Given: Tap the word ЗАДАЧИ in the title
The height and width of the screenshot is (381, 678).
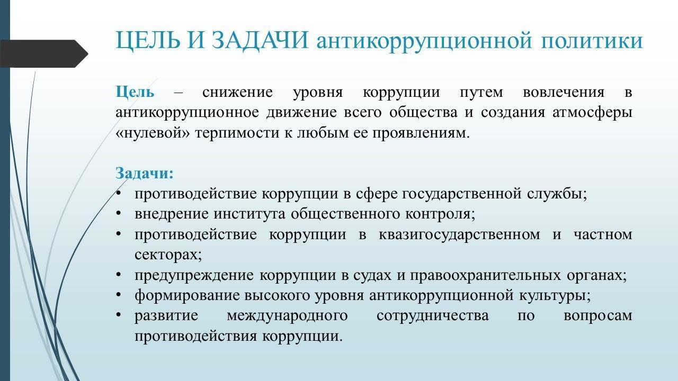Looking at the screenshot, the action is tap(260, 40).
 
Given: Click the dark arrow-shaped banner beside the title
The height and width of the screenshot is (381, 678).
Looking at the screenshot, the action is tap(44, 53).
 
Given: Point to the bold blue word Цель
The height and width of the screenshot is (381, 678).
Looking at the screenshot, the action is tap(135, 92).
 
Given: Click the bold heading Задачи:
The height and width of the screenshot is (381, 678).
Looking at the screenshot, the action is tap(145, 173).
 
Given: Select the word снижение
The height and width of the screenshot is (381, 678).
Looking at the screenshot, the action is tap(237, 93).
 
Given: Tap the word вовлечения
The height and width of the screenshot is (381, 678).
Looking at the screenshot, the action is tap(564, 93).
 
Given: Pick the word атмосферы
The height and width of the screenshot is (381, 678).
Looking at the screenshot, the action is tap(592, 113).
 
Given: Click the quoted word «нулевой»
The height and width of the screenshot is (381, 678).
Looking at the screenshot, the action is tap(153, 133).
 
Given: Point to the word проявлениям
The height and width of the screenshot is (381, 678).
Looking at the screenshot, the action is tap(421, 133).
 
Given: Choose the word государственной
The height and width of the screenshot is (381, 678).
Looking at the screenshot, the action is tap(461, 194).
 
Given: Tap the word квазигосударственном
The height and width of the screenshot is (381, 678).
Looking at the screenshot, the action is tap(459, 235).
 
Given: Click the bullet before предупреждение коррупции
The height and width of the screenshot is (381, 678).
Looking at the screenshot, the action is tap(119, 275).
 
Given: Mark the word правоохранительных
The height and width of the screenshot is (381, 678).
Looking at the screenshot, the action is tap(486, 276).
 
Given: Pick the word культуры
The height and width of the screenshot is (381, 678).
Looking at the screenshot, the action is tap(555, 296).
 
